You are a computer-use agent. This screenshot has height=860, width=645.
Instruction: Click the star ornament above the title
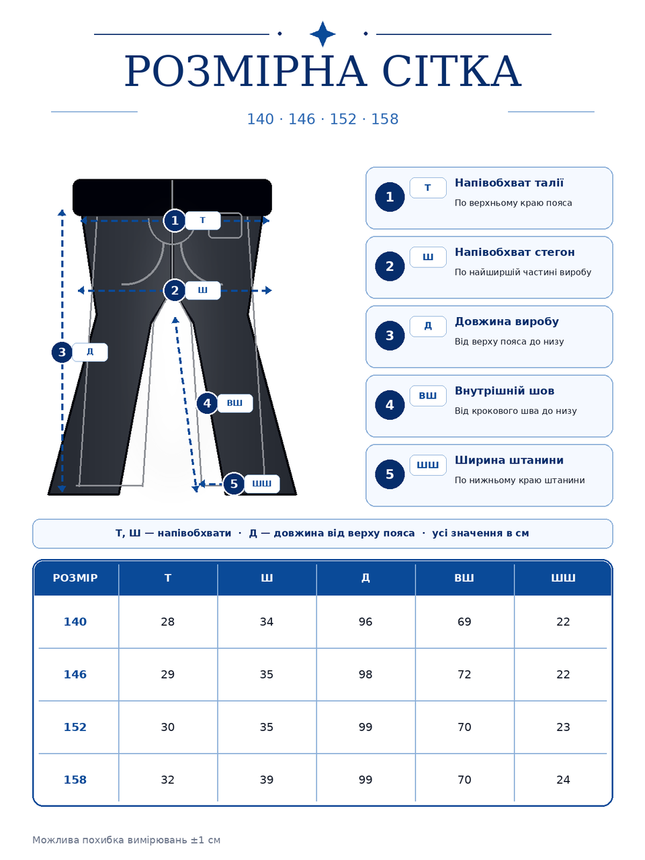click(x=322, y=34)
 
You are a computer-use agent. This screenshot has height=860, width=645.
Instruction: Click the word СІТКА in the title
click(x=451, y=71)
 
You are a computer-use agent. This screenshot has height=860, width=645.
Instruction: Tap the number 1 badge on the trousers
click(x=175, y=220)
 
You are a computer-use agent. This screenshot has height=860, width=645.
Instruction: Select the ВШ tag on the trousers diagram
click(x=234, y=403)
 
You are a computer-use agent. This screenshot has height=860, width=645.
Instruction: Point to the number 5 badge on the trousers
click(x=234, y=484)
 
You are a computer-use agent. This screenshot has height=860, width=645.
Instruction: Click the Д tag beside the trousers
click(x=89, y=352)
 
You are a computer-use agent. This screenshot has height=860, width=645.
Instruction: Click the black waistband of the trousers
click(x=172, y=197)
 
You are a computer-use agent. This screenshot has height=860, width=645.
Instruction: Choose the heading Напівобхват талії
click(x=509, y=183)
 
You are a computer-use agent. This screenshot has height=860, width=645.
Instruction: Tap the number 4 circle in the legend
click(x=390, y=404)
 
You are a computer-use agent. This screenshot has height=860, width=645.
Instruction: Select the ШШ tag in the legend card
click(x=428, y=465)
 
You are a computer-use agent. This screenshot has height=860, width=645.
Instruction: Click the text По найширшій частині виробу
click(x=523, y=272)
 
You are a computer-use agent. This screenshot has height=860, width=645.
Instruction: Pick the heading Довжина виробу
click(x=507, y=322)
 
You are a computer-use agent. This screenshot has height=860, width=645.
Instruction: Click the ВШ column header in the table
click(x=464, y=578)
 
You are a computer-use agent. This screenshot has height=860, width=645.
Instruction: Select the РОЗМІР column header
click(x=75, y=578)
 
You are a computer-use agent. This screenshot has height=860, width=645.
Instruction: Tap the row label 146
click(x=75, y=675)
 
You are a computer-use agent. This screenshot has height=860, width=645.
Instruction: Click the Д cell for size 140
click(x=365, y=621)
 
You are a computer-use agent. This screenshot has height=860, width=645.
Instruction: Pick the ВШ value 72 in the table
click(x=464, y=675)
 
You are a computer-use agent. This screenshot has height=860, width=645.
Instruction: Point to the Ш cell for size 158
click(x=266, y=779)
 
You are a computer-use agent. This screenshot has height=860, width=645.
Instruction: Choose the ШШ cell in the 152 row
click(x=563, y=727)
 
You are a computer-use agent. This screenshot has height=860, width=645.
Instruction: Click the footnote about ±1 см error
click(x=126, y=840)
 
